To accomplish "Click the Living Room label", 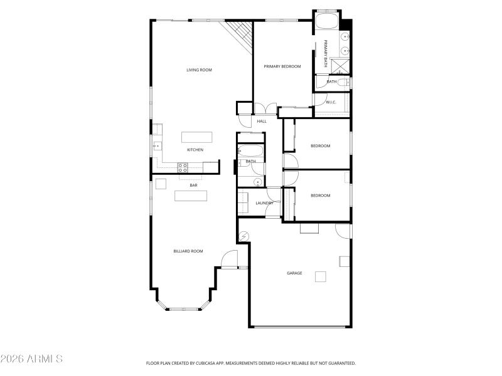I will [x=199, y=70].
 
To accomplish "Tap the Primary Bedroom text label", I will [x=282, y=66].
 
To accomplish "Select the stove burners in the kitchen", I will [x=183, y=167].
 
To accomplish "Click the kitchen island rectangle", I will [x=196, y=137].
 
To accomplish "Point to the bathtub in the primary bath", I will [x=326, y=23].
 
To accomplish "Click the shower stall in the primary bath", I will [x=341, y=66].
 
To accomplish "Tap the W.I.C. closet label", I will [x=331, y=102].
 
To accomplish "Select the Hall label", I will [x=262, y=121].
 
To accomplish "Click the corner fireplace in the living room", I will [x=240, y=34].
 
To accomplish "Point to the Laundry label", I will [x=264, y=203].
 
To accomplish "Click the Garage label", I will [x=294, y=273].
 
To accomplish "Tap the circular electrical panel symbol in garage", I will [x=244, y=236].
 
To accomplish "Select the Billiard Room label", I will [x=188, y=251].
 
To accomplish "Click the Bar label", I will [x=194, y=185].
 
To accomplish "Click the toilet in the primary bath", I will [x=347, y=81].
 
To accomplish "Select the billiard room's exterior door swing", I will [x=230, y=258].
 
